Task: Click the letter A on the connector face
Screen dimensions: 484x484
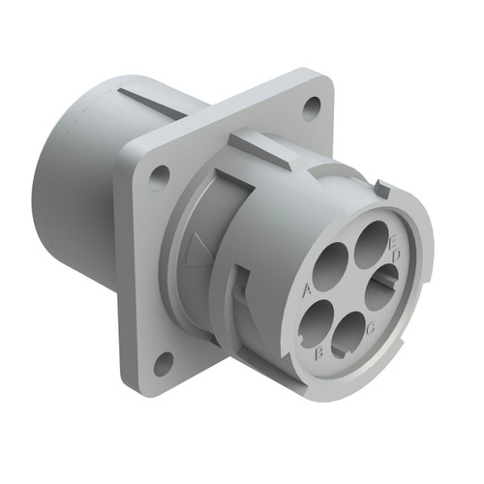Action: pyautogui.click(x=307, y=288)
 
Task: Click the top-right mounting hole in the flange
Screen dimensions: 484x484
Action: pyautogui.click(x=312, y=107)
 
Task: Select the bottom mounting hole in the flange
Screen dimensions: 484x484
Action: pyautogui.click(x=164, y=361)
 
